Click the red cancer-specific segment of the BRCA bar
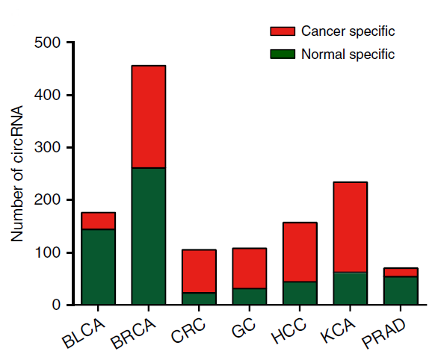click(x=149, y=117)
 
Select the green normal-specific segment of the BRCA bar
click(x=149, y=236)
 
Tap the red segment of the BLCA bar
click(x=99, y=221)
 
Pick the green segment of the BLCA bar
click(x=99, y=267)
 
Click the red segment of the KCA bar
click(x=351, y=227)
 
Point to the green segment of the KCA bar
click(x=351, y=288)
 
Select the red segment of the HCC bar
click(x=300, y=252)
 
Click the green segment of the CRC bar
click(x=199, y=299)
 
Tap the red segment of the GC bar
click(x=250, y=268)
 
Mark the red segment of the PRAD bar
click(x=401, y=273)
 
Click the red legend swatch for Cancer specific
click(x=283, y=31)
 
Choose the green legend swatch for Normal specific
click(x=283, y=54)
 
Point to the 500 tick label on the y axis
click(x=47, y=43)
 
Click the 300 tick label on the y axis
click(x=47, y=147)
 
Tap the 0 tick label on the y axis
click(x=56, y=305)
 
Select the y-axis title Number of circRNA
click(x=16, y=173)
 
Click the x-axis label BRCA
click(x=133, y=333)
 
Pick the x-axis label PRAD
click(x=383, y=333)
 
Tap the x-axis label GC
click(x=244, y=327)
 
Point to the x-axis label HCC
click(x=289, y=330)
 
